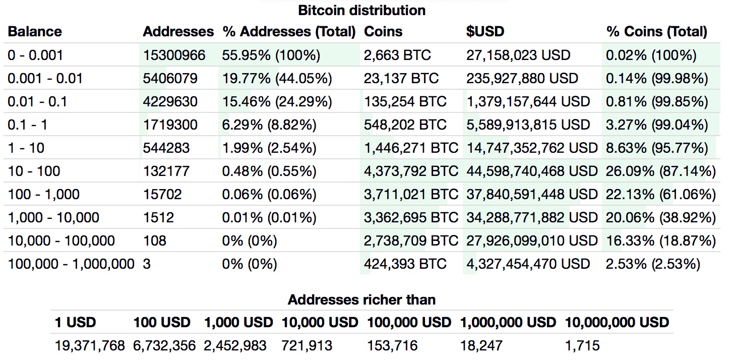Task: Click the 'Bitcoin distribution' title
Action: pyautogui.click(x=361, y=10)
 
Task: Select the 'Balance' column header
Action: pyautogui.click(x=35, y=32)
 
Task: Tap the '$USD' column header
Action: pyautogui.click(x=485, y=32)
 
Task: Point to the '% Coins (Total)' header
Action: pyautogui.click(x=657, y=32)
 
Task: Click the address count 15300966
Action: pyautogui.click(x=174, y=55)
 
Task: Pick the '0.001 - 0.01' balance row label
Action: pyautogui.click(x=45, y=78)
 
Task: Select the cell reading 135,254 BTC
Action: pyautogui.click(x=405, y=101)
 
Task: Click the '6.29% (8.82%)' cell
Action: pyautogui.click(x=269, y=125)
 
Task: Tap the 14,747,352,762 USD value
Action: pyautogui.click(x=532, y=148)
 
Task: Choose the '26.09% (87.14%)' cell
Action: pyautogui.click(x=661, y=171)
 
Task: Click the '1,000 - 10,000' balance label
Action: pyautogui.click(x=53, y=217)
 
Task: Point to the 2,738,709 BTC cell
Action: pyautogui.click(x=411, y=241)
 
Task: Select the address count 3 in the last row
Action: pyautogui.click(x=147, y=264)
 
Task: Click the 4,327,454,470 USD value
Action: pyautogui.click(x=528, y=264)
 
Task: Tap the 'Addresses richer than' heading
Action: pyautogui.click(x=361, y=300)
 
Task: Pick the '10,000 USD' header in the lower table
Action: pyautogui.click(x=320, y=322)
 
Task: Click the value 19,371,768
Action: pyautogui.click(x=90, y=345)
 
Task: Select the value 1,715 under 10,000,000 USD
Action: pyautogui.click(x=582, y=345)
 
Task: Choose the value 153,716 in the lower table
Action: pyautogui.click(x=393, y=345)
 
